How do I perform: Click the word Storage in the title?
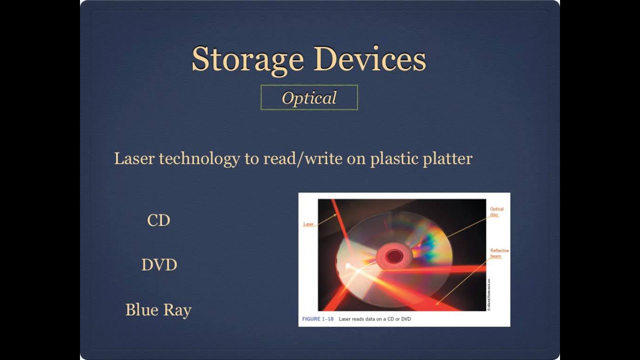247,59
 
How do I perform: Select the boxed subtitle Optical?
309,98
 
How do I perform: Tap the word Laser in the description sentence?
134,158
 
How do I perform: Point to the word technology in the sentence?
199,159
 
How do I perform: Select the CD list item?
158,220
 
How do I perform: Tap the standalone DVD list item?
159,265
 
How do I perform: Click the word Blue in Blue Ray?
141,309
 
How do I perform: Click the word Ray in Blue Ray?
177,310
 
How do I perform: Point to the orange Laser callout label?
308,224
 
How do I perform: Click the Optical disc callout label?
496,212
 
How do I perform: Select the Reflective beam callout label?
499,253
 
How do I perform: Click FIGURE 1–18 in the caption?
318,319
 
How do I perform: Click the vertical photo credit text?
488,295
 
